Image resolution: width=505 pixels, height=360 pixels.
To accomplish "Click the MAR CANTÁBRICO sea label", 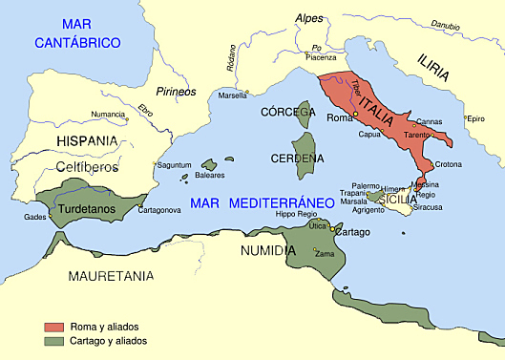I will click(77, 32).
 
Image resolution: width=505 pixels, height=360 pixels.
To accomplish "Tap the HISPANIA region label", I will click(88, 140).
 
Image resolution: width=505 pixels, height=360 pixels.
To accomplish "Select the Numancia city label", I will click(107, 115).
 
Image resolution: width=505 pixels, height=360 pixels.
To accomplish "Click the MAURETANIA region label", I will click(111, 276).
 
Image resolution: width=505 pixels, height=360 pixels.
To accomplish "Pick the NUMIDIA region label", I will click(266, 249).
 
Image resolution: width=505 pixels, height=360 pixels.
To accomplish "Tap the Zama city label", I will click(326, 254).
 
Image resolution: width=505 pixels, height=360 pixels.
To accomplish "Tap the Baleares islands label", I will click(210, 176).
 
